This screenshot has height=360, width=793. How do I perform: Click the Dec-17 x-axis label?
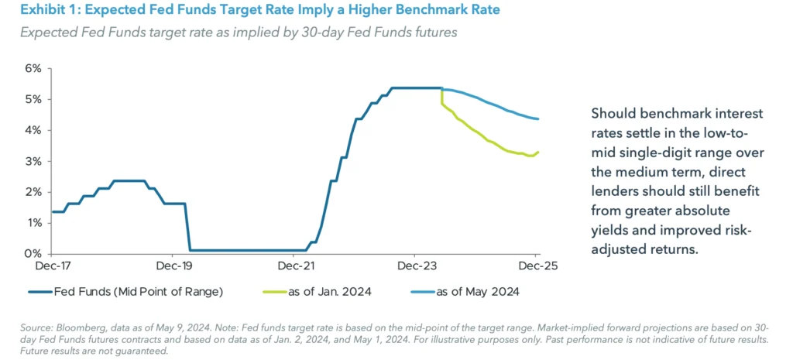[51, 266]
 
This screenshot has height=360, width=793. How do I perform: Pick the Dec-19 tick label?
[173, 266]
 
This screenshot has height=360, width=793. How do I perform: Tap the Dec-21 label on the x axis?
[294, 266]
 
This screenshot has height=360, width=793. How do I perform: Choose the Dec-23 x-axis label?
[416, 266]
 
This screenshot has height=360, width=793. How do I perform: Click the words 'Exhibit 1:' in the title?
[47, 10]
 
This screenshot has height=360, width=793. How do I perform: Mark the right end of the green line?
[539, 152]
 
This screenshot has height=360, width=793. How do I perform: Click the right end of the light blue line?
[539, 118]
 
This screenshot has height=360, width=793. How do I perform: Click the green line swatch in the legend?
[262, 292]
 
